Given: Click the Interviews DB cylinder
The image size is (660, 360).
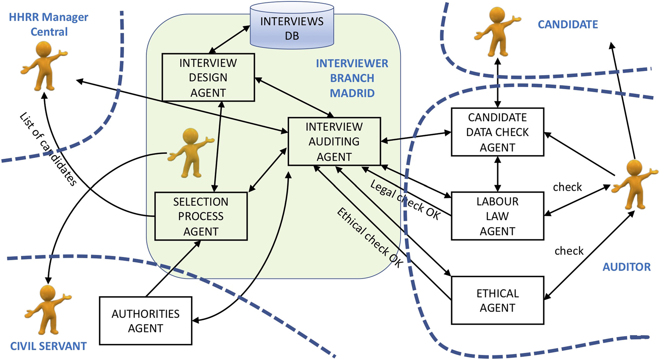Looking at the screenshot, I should [x=292, y=26].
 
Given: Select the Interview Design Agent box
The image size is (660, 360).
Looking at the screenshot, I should [x=208, y=78].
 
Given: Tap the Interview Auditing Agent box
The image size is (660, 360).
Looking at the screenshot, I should [x=334, y=142].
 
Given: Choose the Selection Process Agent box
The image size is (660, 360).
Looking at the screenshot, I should [x=201, y=216].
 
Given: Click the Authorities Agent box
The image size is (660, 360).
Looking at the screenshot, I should [x=146, y=321].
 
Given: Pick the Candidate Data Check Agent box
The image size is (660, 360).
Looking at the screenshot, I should [x=497, y=132].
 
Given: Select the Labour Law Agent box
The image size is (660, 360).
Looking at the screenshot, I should [x=497, y=216].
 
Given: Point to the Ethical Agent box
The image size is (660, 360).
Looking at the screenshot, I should [x=497, y=300].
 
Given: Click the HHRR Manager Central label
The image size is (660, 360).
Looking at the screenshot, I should [x=49, y=24].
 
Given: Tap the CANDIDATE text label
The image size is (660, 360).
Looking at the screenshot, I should [x=568, y=24].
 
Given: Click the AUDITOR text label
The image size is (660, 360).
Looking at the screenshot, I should [x=626, y=267].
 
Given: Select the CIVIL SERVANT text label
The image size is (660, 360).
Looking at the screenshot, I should [x=48, y=346].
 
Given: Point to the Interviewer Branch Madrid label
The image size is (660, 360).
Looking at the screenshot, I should [x=352, y=78].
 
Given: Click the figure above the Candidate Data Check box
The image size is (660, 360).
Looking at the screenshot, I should [x=497, y=33].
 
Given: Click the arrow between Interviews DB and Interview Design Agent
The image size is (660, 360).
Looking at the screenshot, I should [x=230, y=39].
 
